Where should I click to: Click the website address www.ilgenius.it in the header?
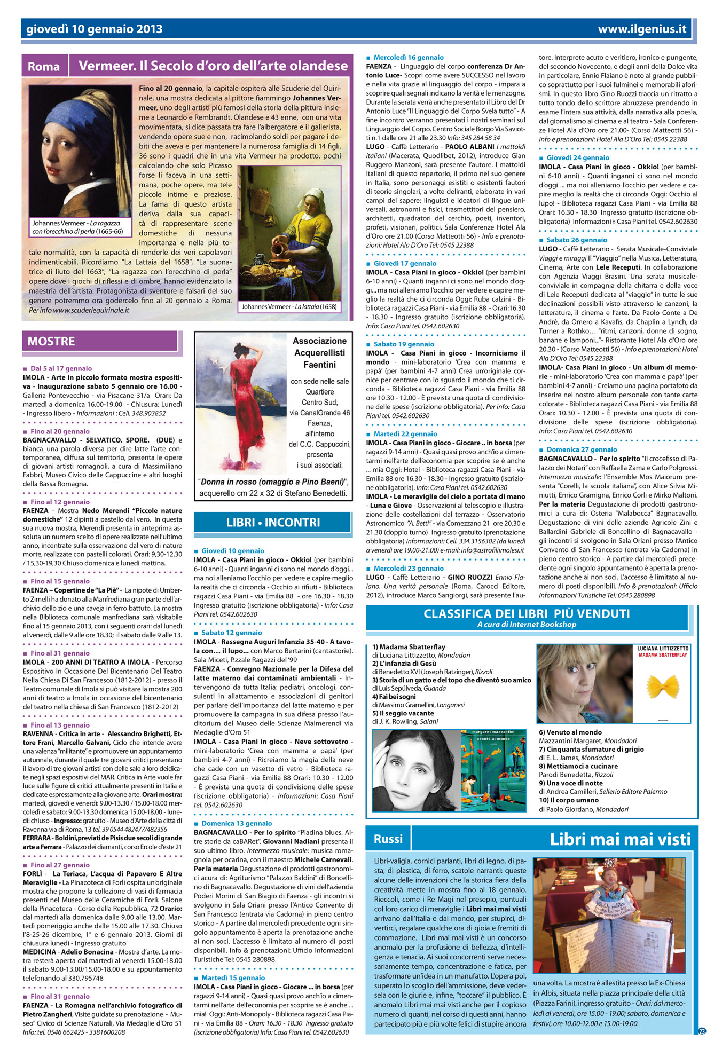tap(642, 29)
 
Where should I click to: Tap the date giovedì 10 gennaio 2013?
tap(95, 29)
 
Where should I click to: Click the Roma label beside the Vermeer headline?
tap(44, 67)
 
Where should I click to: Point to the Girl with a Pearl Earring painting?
tap(80, 151)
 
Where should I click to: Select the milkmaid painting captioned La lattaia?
tap(289, 233)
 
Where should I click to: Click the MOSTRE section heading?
tap(51, 342)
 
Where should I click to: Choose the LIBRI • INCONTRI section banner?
tap(273, 523)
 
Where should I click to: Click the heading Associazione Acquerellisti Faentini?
tap(319, 353)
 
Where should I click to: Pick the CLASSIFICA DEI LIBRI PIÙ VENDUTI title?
tap(527, 613)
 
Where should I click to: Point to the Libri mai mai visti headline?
tap(620, 840)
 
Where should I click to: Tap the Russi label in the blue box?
tap(388, 839)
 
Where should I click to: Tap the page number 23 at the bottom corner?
tap(702, 1031)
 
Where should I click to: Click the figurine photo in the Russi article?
tap(609, 916)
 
